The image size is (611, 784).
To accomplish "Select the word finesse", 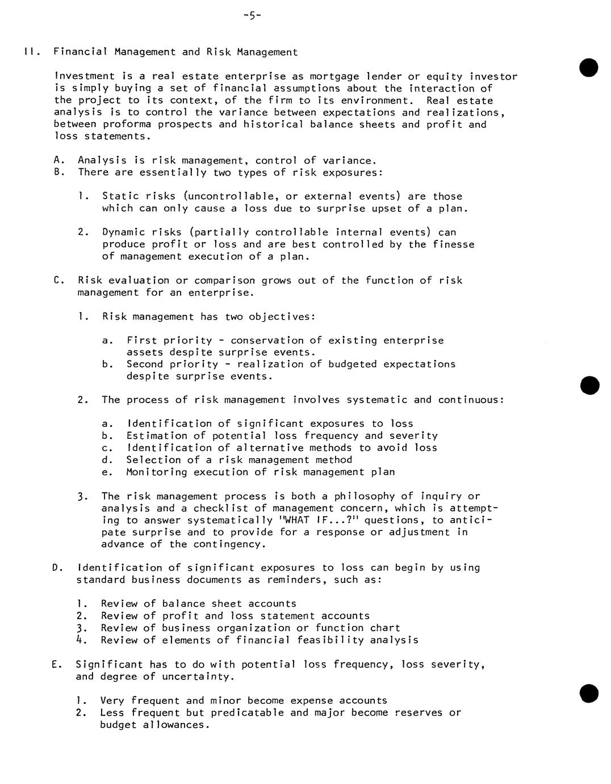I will coord(453,244).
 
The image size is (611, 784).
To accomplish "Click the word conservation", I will coord(267,341).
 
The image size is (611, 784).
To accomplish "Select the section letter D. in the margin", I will coord(57,568).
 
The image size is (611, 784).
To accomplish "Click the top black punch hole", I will coord(589,67).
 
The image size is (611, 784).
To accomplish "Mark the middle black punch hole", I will coord(589,385).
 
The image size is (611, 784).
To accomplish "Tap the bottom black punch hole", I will coord(589,694).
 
